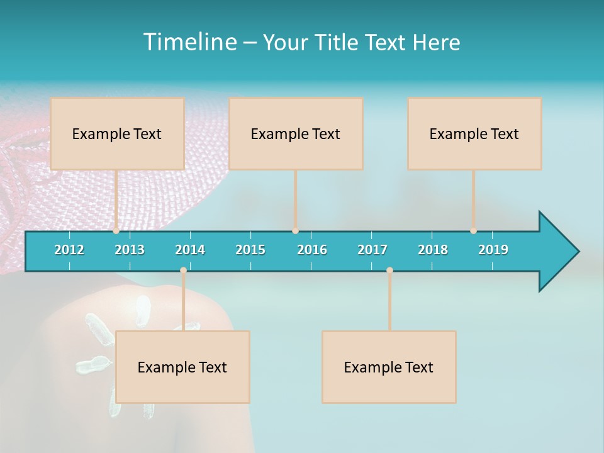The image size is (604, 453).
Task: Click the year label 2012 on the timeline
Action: pos(69,250)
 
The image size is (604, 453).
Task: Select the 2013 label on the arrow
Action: pos(130,250)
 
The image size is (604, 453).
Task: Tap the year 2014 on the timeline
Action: pos(190,250)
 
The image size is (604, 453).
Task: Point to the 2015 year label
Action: pos(250,250)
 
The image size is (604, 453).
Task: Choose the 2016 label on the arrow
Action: pos(312,250)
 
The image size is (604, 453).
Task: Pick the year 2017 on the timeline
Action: pos(372,250)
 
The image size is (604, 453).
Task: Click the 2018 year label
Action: pos(433,250)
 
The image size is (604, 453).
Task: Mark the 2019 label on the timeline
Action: pos(493,250)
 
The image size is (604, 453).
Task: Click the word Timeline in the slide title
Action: pos(189,42)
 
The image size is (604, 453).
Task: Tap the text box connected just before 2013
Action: pos(117,133)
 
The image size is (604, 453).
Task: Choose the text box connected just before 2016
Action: pos(296,133)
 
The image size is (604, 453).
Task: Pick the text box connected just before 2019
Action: pos(474,133)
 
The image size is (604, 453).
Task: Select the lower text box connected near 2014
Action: pos(182,367)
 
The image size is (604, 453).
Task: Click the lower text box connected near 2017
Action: pos(389,367)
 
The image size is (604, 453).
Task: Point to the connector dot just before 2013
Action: pos(116,231)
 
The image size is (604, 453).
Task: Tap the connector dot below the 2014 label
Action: pos(183,271)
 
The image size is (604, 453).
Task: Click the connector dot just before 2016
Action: pos(295,231)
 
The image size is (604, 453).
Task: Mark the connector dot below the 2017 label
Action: pos(389,271)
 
